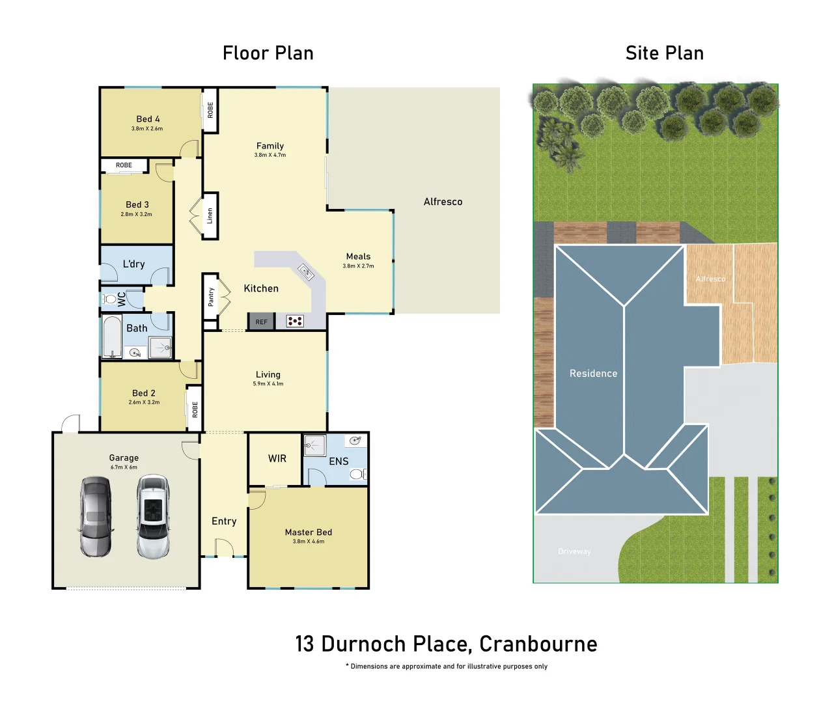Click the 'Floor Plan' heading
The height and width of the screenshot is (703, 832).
pyautogui.click(x=268, y=53)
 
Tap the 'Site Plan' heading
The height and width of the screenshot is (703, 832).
pyautogui.click(x=664, y=53)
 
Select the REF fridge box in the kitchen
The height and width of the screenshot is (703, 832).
pyautogui.click(x=261, y=322)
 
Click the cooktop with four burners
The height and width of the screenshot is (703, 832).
pyautogui.click(x=295, y=321)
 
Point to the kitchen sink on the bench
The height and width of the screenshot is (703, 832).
pyautogui.click(x=305, y=271)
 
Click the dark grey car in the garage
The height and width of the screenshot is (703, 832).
pyautogui.click(x=96, y=516)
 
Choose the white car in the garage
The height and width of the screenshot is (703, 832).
pyautogui.click(x=153, y=517)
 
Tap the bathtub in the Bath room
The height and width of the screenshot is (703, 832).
pyautogui.click(x=112, y=337)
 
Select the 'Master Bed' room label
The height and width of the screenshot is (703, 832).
pyautogui.click(x=308, y=532)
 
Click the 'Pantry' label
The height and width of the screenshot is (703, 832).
pyautogui.click(x=211, y=297)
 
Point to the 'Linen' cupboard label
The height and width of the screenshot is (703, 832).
pyautogui.click(x=210, y=216)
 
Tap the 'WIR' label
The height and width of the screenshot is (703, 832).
pyautogui.click(x=277, y=458)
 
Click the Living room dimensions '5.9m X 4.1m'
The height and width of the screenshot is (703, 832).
pyautogui.click(x=268, y=384)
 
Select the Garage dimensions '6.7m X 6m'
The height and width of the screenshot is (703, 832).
pyautogui.click(x=124, y=467)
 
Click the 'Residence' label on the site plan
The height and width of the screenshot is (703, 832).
pyautogui.click(x=593, y=374)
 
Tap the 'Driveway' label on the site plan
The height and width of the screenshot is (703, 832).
pyautogui.click(x=574, y=551)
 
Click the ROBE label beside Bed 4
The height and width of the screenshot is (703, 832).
pyautogui.click(x=210, y=110)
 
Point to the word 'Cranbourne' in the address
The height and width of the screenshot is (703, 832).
pyautogui.click(x=538, y=644)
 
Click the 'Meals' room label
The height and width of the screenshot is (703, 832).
pyautogui.click(x=358, y=256)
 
